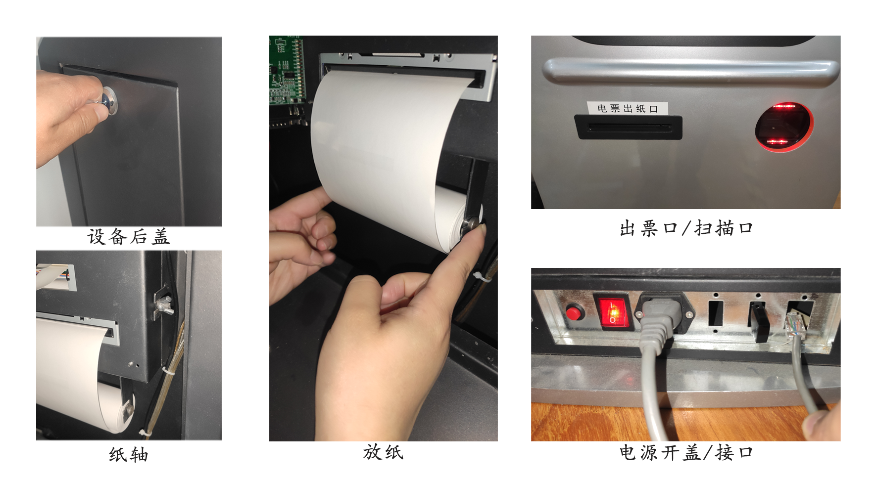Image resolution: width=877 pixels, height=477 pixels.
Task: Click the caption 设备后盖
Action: [x=129, y=237]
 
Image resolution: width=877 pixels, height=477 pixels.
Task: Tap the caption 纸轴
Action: [x=129, y=454]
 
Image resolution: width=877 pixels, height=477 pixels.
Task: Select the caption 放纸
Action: [x=383, y=452]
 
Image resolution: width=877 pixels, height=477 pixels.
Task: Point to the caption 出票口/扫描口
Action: [x=686, y=228]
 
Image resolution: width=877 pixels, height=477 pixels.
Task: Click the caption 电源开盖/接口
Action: [x=686, y=452]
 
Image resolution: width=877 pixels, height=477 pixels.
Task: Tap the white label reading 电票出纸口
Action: [x=628, y=108]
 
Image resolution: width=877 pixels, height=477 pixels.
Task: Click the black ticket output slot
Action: [x=628, y=128]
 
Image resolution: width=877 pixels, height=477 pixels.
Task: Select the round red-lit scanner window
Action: [x=783, y=127]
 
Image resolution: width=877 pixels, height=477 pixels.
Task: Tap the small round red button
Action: [x=574, y=313]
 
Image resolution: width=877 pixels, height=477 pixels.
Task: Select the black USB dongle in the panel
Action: [x=758, y=322]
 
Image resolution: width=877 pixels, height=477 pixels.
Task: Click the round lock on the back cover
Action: [x=109, y=101]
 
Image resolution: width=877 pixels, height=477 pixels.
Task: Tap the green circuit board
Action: [x=287, y=70]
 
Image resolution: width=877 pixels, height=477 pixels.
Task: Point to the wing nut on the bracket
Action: [x=163, y=305]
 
